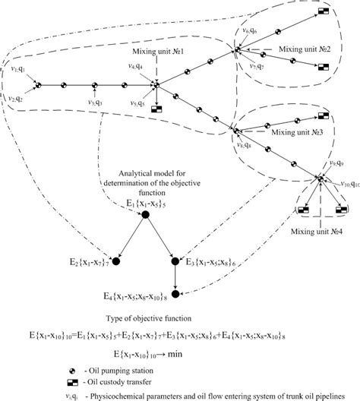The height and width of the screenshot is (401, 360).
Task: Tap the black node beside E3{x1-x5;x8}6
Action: pyautogui.click(x=176, y=262)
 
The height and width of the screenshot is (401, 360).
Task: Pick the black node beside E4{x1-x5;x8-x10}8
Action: pyautogui.click(x=176, y=295)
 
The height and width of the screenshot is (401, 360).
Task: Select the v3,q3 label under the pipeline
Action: pyautogui.click(x=93, y=103)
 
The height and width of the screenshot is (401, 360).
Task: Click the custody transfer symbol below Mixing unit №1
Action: pyautogui.click(x=158, y=111)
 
